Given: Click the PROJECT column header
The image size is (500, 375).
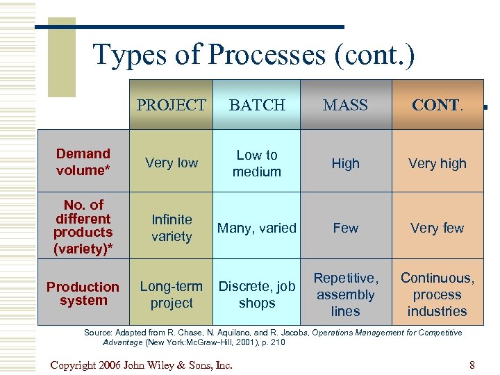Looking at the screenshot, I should (171, 105).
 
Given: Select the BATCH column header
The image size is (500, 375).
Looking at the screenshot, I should (257, 105).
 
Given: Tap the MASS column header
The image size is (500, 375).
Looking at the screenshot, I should (345, 105).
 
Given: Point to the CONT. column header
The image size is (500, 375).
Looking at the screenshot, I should (437, 105).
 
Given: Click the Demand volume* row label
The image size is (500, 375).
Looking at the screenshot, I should (83, 162).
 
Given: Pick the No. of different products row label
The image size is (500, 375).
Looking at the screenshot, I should (83, 226).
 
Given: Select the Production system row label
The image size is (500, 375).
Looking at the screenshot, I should (83, 294).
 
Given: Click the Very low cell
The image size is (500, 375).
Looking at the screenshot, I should (171, 163).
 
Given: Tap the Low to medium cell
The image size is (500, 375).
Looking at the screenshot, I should (257, 163).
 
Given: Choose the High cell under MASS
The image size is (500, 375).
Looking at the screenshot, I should (345, 164).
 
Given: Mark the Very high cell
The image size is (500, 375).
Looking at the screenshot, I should (437, 164).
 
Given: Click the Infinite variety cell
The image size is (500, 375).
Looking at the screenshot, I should (171, 228).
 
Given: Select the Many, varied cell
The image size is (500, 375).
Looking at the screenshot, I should (257, 228).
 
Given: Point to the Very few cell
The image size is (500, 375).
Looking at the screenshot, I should (437, 228).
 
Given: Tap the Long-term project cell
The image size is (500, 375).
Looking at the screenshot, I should (171, 294).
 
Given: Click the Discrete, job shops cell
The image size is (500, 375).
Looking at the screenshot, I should (257, 294).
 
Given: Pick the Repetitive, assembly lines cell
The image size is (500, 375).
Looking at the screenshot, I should (345, 294).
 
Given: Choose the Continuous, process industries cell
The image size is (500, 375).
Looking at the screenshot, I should (437, 294).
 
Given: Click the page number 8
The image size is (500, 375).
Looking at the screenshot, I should (472, 365).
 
